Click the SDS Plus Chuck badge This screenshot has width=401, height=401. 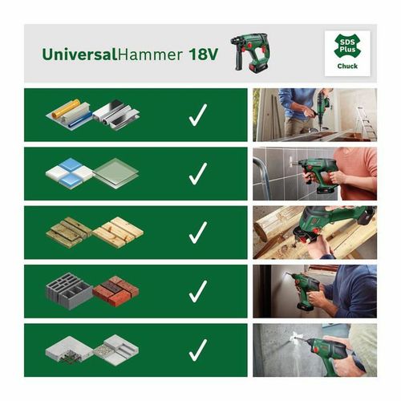346,52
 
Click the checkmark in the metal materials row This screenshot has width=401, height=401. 197,115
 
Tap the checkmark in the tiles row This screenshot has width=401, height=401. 197,174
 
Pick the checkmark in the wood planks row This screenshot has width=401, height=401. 197,233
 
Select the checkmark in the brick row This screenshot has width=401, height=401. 197,292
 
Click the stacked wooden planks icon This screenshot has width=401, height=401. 94,233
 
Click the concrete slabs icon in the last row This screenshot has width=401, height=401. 93,350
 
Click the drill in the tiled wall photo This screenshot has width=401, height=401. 326,173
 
